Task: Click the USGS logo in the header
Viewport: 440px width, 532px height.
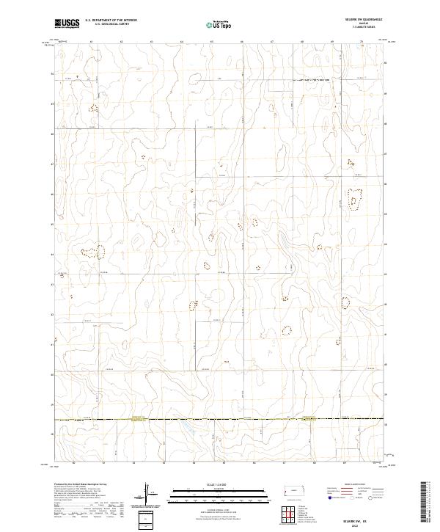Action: [x=66, y=23]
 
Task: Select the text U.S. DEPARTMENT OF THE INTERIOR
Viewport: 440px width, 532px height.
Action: [x=111, y=21]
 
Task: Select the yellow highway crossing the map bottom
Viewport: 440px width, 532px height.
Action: [x=220, y=420]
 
